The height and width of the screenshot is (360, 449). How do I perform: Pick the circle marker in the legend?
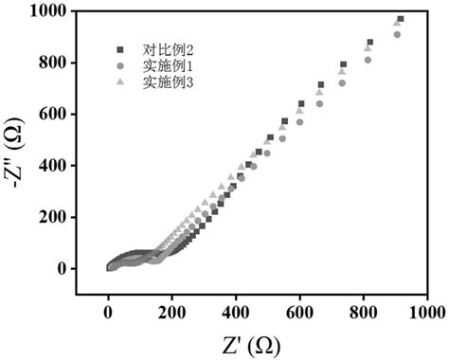pyautogui.click(x=120, y=64)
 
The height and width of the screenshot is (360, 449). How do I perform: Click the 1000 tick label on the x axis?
pyautogui.click(x=427, y=311)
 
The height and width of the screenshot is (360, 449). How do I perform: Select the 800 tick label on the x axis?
pyautogui.click(x=364, y=311)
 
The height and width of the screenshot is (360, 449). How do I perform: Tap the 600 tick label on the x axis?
pyautogui.click(x=299, y=311)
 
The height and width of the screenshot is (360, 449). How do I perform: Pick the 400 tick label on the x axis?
pyautogui.click(x=236, y=311)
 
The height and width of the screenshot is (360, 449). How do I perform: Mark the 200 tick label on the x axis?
pyautogui.click(x=172, y=311)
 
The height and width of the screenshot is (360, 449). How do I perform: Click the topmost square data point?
pyautogui.click(x=401, y=19)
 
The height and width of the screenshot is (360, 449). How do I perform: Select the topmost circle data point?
pyautogui.click(x=397, y=35)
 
